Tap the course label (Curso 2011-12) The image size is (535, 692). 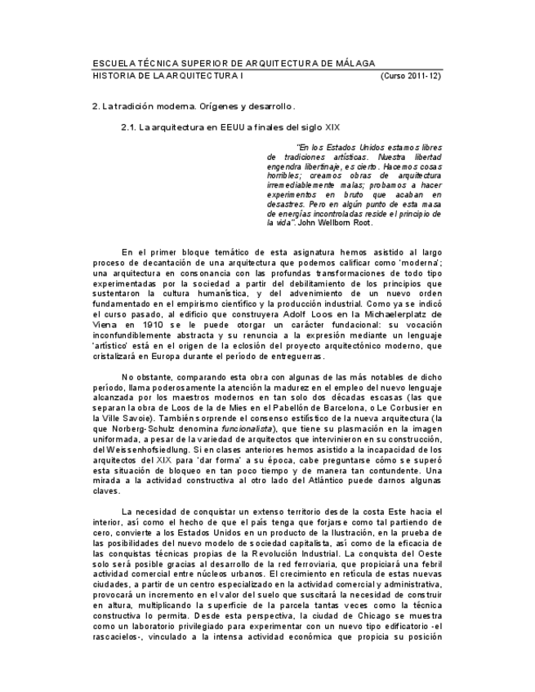[411, 75]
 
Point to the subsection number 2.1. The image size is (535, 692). [128, 127]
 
